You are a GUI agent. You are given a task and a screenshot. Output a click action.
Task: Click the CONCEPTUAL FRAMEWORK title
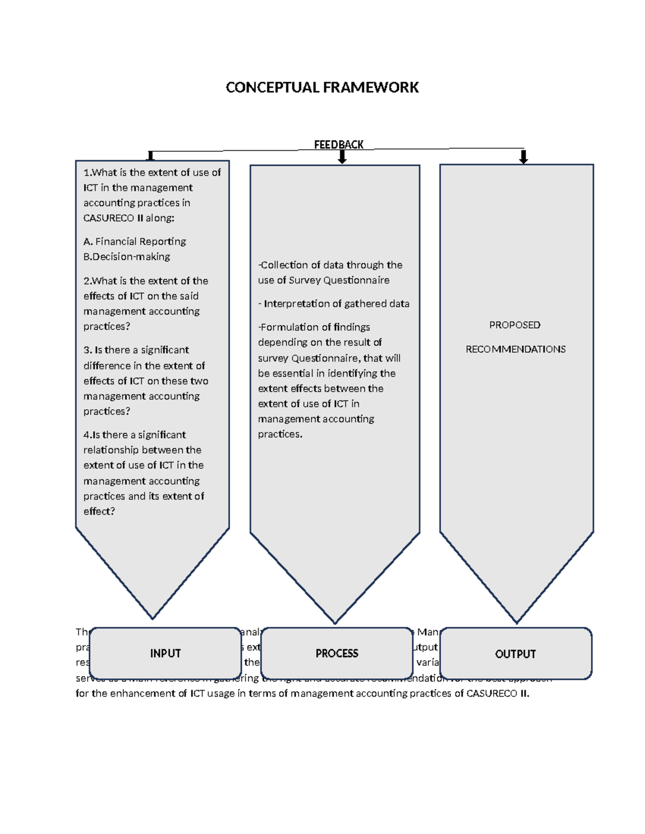322,88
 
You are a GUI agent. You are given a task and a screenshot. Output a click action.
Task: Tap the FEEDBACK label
339,144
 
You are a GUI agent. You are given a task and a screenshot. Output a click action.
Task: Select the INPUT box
166,653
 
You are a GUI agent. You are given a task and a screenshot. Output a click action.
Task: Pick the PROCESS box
337,653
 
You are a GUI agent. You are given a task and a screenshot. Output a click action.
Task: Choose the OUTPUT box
515,654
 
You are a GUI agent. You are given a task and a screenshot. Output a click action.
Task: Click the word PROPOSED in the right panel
514,325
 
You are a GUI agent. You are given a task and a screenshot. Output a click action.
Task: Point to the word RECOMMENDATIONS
515,349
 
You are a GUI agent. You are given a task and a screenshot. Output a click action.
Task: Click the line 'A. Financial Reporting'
134,242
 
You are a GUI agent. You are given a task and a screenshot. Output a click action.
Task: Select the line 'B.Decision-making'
126,257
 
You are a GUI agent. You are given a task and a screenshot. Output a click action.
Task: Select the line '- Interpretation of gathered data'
333,304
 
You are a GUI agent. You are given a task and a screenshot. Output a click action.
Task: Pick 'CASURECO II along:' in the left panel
129,218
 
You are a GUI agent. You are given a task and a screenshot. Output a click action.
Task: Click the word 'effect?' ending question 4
99,511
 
